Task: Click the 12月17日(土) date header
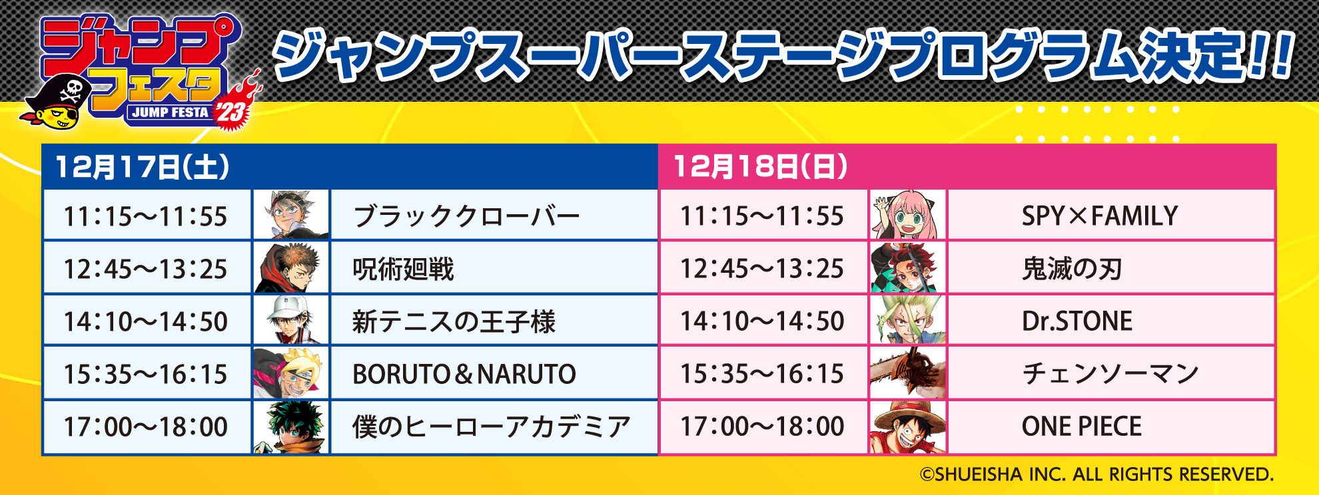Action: (142, 166)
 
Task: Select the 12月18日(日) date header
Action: (760, 166)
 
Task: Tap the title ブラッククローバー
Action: (466, 216)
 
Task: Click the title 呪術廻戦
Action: (403, 269)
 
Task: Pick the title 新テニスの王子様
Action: (454, 321)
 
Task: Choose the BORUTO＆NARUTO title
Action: (464, 374)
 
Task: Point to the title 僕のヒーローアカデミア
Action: (492, 426)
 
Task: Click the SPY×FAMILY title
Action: (1100, 216)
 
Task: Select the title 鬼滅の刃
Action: (1073, 268)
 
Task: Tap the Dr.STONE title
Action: (1077, 321)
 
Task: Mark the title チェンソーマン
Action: (1110, 373)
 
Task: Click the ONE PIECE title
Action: (1082, 426)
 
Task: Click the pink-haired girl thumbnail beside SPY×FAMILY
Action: (908, 215)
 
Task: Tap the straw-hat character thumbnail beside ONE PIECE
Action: (908, 426)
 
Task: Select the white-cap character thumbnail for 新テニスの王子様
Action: (291, 320)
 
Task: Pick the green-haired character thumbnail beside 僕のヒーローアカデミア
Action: (291, 427)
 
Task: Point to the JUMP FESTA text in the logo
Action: (170, 112)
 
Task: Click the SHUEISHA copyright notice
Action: (1097, 474)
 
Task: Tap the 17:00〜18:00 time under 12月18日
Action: (762, 426)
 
